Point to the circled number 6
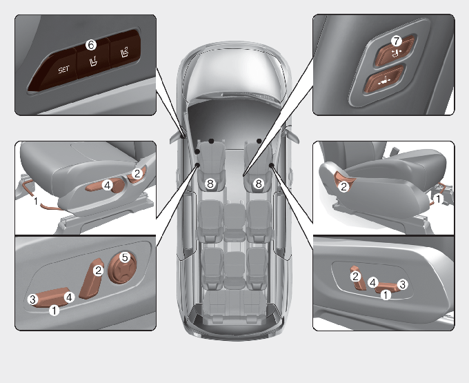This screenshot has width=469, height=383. [91, 45]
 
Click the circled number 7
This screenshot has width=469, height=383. [397, 41]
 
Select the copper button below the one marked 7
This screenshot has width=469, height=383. [384, 80]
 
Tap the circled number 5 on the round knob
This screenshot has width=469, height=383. [125, 257]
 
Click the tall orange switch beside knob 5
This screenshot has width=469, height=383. [92, 278]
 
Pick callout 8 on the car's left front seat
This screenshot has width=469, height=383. [210, 184]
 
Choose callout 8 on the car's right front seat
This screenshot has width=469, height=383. [259, 184]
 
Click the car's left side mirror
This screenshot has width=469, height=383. [177, 137]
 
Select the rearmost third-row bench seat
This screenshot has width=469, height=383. [234, 306]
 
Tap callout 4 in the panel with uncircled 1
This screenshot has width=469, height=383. [107, 185]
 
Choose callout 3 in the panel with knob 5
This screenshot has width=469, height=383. [32, 299]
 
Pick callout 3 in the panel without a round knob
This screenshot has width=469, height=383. [403, 284]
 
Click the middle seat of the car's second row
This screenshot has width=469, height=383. [234, 220]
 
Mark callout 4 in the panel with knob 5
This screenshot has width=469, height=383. [69, 297]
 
